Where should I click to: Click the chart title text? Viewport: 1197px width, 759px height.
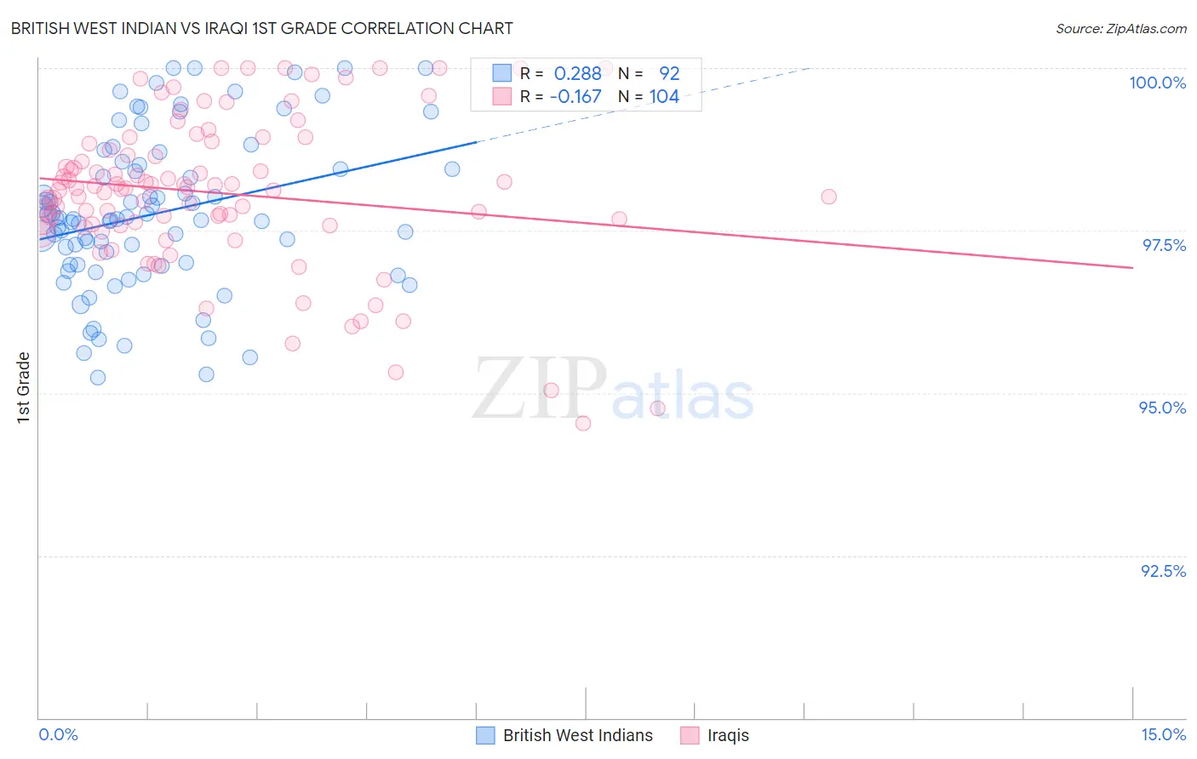click(261, 28)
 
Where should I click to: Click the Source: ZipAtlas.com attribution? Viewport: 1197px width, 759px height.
click(1120, 28)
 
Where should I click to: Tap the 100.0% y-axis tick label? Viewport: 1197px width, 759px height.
click(1157, 83)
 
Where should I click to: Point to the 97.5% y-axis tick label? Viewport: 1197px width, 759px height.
click(1163, 245)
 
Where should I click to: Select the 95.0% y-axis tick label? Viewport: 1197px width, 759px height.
click(1162, 408)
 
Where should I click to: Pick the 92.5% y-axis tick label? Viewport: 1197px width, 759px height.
click(1163, 571)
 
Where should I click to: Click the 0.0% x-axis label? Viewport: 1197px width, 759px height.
click(58, 734)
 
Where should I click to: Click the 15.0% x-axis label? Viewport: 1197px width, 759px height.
click(1163, 734)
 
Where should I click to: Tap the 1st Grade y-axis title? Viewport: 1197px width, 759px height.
click(24, 387)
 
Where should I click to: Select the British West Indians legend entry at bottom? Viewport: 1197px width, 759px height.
click(564, 735)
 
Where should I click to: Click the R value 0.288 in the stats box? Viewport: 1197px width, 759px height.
click(577, 73)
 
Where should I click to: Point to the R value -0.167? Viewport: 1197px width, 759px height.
click(576, 97)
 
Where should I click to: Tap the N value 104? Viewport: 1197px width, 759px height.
click(664, 97)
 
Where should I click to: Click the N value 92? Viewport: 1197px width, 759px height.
click(669, 73)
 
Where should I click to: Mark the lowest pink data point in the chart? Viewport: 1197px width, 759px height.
click(583, 423)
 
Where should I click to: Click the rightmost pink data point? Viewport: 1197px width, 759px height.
click(828, 197)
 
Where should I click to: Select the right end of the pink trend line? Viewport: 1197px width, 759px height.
click(1132, 267)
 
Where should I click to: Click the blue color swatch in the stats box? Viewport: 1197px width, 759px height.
click(502, 73)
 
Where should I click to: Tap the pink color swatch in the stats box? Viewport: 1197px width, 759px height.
click(502, 97)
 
